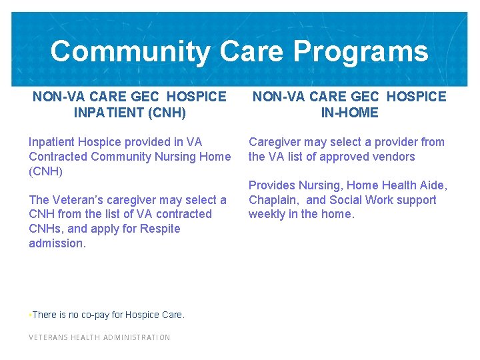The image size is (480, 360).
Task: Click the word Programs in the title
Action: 361,51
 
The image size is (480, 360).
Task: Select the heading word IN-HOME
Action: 349,113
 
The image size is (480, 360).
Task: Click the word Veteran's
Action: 77,200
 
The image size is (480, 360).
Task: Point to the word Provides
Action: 272,185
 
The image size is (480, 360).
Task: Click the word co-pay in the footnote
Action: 105,315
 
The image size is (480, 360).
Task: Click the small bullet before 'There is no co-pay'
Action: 30,314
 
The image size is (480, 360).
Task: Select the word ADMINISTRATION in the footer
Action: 136,337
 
